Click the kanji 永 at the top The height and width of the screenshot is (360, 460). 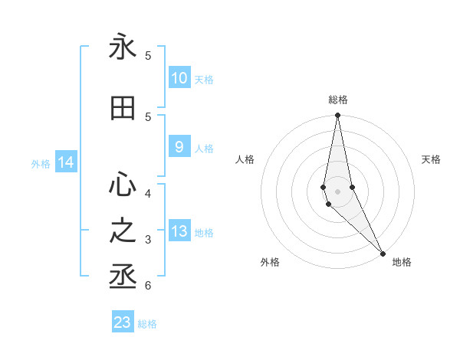pyautogui.click(x=123, y=47)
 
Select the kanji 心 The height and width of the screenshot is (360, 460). pyautogui.click(x=123, y=185)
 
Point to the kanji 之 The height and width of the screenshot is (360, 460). pyautogui.click(x=123, y=231)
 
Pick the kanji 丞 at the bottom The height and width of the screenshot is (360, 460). pyautogui.click(x=123, y=277)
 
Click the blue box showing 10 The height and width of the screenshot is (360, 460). pyautogui.click(x=179, y=78)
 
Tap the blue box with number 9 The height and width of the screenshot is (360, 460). pyautogui.click(x=179, y=147)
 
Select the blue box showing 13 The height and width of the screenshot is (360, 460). pyautogui.click(x=179, y=231)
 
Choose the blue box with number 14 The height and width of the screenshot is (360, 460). pyautogui.click(x=65, y=162)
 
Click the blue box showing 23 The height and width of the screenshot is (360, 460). pyautogui.click(x=123, y=322)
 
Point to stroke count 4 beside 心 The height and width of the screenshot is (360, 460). pyautogui.click(x=148, y=193)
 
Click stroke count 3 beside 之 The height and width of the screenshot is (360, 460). pyautogui.click(x=148, y=240)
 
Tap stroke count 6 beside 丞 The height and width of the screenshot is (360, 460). pyautogui.click(x=148, y=286)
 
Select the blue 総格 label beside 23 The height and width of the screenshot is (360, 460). pyautogui.click(x=147, y=324)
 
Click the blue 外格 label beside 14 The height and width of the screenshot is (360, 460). pyautogui.click(x=41, y=163)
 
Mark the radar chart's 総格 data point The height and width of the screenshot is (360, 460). pyautogui.click(x=337, y=116)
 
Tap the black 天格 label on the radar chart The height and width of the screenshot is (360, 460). pyautogui.click(x=432, y=159)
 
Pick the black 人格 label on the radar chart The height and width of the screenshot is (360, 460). pyautogui.click(x=245, y=159)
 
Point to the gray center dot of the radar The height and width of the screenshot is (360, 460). pyautogui.click(x=337, y=191)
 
